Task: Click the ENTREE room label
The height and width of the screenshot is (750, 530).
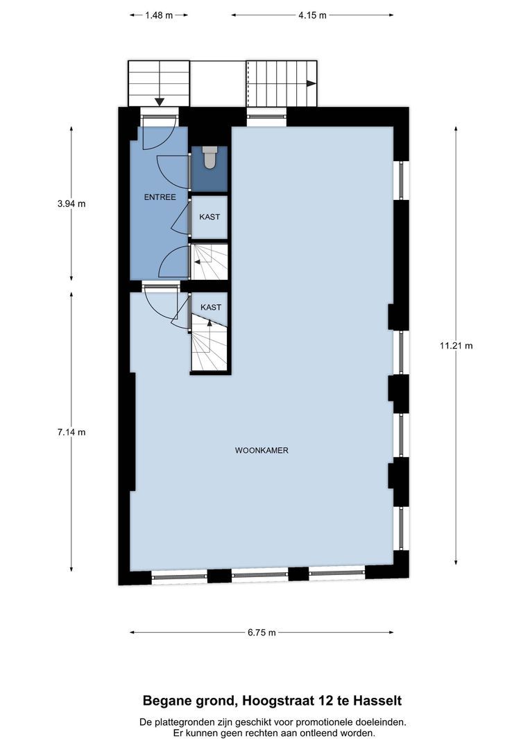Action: point(160,197)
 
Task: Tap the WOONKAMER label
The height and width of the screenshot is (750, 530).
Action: point(262,450)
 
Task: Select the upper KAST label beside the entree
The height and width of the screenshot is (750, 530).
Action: point(210,217)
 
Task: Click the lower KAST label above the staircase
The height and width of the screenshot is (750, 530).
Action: point(211,307)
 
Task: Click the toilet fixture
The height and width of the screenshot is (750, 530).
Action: point(210,159)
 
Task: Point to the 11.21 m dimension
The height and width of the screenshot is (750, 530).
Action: point(456,345)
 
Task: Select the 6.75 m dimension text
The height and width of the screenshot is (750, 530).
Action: point(262,633)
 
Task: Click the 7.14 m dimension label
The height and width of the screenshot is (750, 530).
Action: point(71,432)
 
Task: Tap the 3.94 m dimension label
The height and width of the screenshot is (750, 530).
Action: point(71,204)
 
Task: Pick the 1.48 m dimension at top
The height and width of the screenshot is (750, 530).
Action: point(159,15)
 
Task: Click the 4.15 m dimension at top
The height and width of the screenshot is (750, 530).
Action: point(312,15)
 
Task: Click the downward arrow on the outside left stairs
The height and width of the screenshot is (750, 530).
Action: point(160,101)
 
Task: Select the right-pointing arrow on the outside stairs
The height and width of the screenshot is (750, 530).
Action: point(311,83)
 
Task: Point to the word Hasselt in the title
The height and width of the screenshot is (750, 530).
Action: point(377,701)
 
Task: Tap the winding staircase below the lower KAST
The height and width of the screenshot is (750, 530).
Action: point(208,347)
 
